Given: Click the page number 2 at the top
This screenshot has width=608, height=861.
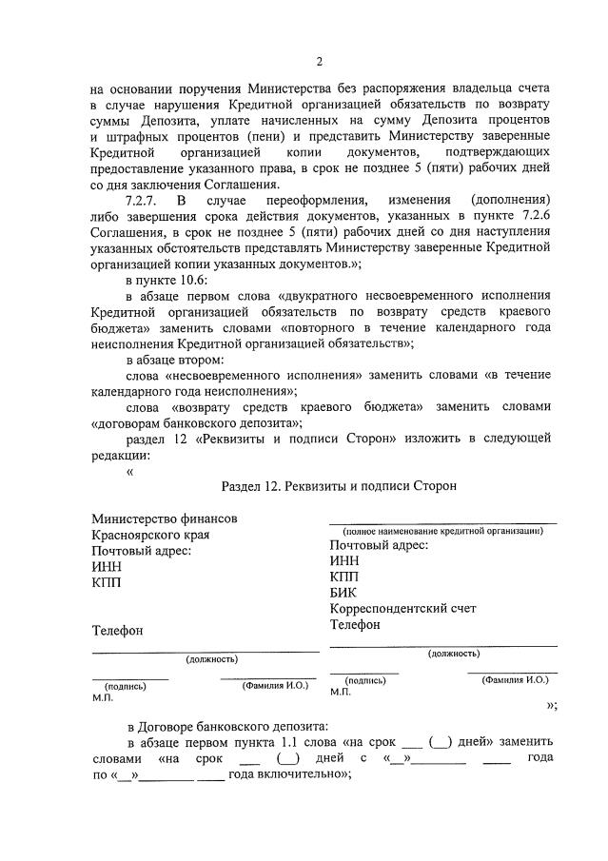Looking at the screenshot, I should [x=320, y=62].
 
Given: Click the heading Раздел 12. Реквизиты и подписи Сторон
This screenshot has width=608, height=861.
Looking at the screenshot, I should [x=338, y=485].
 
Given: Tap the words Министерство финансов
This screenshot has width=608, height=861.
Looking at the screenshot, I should [x=164, y=519].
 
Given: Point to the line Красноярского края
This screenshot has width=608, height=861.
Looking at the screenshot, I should [x=150, y=535].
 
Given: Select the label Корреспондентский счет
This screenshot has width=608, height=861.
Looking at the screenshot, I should [x=402, y=609].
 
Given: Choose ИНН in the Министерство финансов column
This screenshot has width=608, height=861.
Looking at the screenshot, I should [x=107, y=567].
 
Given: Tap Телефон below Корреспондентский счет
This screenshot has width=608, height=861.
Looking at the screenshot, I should [x=355, y=625].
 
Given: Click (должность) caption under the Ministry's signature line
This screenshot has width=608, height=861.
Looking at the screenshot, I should [x=212, y=658].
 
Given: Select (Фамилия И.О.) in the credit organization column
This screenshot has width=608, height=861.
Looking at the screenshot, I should [x=515, y=680].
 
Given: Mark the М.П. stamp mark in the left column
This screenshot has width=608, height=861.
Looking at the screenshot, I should [x=103, y=697].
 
